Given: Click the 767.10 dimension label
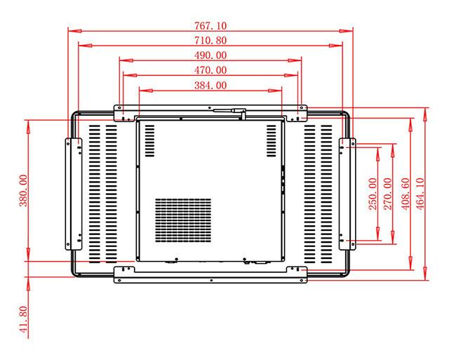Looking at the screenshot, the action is click(210, 25).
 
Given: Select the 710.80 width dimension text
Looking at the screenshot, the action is click(210, 40).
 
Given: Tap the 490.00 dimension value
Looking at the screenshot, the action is click(210, 55).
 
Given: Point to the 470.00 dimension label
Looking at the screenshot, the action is click(210, 70).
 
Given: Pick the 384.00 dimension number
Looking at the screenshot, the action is click(210, 85).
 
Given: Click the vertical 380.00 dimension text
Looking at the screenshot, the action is click(23, 190).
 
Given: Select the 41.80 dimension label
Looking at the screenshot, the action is click(23, 319).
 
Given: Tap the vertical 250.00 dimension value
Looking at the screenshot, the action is click(373, 194).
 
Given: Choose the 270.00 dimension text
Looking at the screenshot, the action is click(388, 194).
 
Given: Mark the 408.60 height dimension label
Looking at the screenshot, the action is click(405, 194).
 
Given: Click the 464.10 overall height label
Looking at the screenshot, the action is click(420, 194).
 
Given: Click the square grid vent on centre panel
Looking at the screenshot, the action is click(183, 220).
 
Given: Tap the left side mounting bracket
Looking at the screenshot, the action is click(74, 194).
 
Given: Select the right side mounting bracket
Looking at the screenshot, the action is click(347, 194).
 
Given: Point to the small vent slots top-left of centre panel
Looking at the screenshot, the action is click(149, 141).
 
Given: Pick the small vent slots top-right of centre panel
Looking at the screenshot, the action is click(271, 141).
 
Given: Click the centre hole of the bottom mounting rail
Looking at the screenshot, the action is click(211, 280).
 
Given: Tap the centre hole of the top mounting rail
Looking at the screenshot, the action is click(210, 107).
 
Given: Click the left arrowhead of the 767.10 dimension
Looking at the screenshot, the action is click(75, 31).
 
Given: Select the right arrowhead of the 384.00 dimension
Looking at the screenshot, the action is click(275, 91).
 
